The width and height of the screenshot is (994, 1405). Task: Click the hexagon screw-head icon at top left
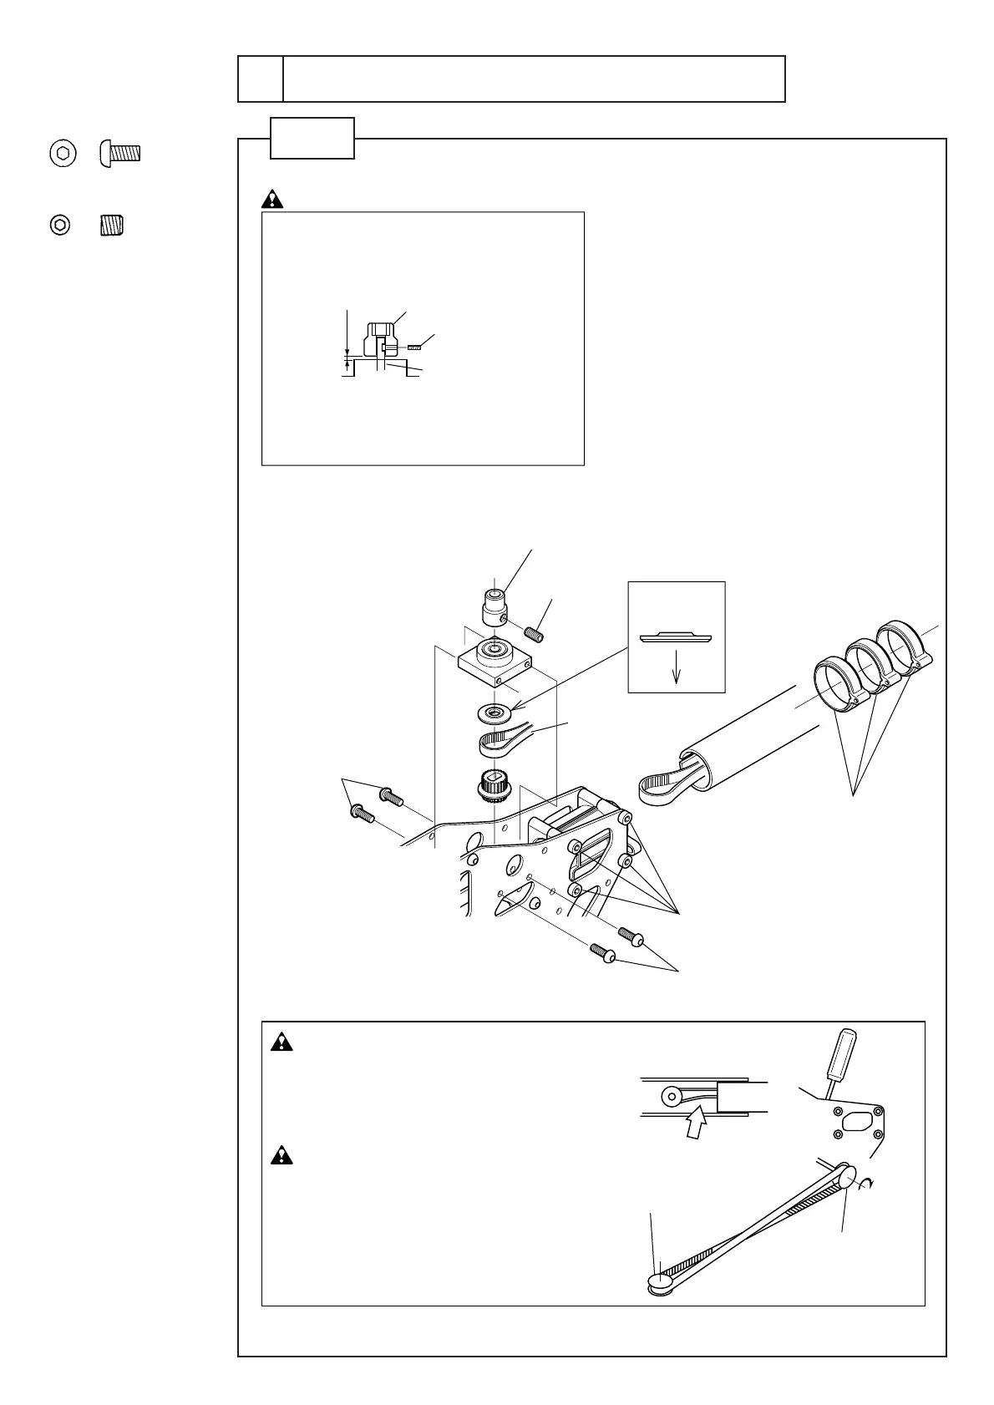point(60,154)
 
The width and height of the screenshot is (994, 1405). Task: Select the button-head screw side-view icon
point(120,154)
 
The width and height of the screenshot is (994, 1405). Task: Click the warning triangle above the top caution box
point(272,200)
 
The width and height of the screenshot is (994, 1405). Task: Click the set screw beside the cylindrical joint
point(533,632)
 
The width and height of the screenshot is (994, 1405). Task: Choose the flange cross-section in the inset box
point(677,637)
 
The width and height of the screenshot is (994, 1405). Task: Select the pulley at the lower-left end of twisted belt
point(662,1281)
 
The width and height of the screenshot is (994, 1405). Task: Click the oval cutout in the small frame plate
point(858,1123)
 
